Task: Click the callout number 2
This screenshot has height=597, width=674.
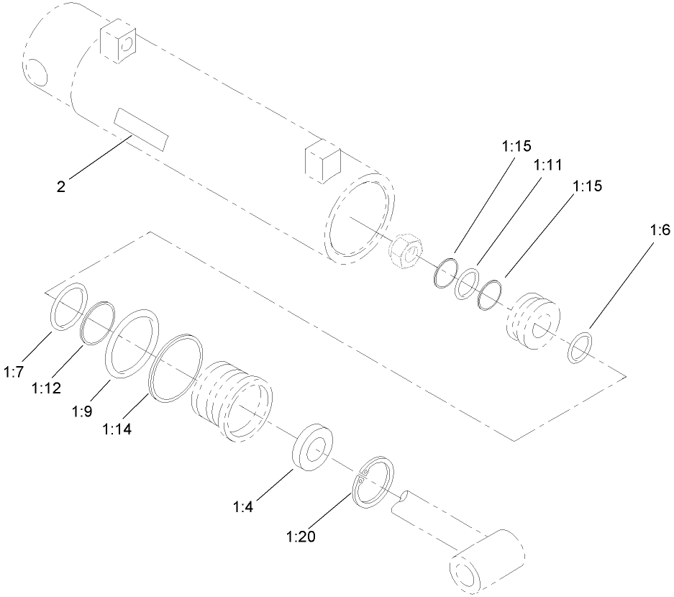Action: pyautogui.click(x=61, y=187)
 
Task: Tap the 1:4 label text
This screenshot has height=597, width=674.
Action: pyautogui.click(x=243, y=506)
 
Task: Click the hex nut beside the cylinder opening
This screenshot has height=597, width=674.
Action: pyautogui.click(x=404, y=254)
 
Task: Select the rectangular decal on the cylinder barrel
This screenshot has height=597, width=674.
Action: pyautogui.click(x=142, y=130)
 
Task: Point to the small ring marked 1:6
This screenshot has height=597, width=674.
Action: pyautogui.click(x=581, y=348)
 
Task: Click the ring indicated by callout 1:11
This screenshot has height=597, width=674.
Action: pyautogui.click(x=470, y=283)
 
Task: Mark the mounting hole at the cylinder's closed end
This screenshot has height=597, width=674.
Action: pyautogui.click(x=35, y=72)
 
